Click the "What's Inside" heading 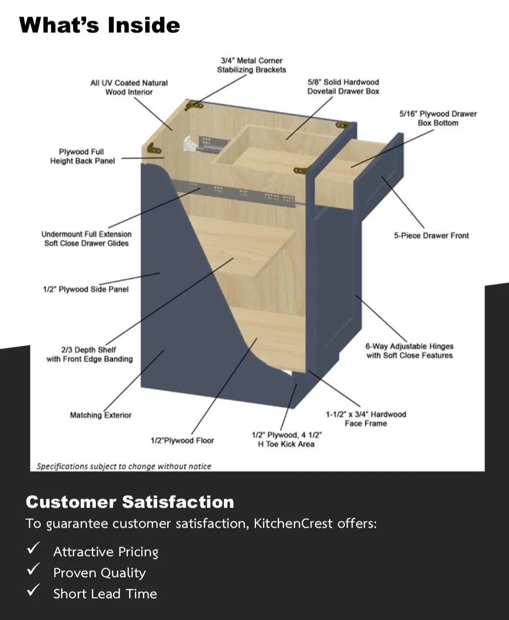tap(99, 25)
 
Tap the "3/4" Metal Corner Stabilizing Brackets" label tap(251, 65)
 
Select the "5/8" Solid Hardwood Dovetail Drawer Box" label tap(343, 87)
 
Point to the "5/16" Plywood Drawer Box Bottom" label tap(438, 118)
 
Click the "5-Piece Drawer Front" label tap(431, 236)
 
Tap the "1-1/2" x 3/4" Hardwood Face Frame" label tap(366, 419)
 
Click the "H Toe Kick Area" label tap(286, 444)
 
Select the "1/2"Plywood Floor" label tap(182, 441)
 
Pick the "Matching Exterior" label tap(100, 415)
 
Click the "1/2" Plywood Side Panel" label tap(86, 289)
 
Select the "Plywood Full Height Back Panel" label tap(82, 156)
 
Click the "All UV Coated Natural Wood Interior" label tap(129, 88)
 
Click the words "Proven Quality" tap(99, 573)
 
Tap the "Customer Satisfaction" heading tap(130, 502)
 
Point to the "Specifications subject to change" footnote tap(124, 466)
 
